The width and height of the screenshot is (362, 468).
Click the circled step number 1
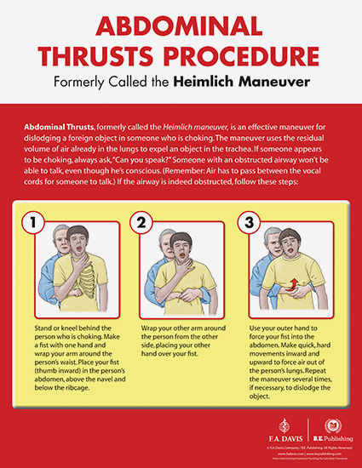[34, 224]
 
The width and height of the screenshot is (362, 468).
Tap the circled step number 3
[248, 224]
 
